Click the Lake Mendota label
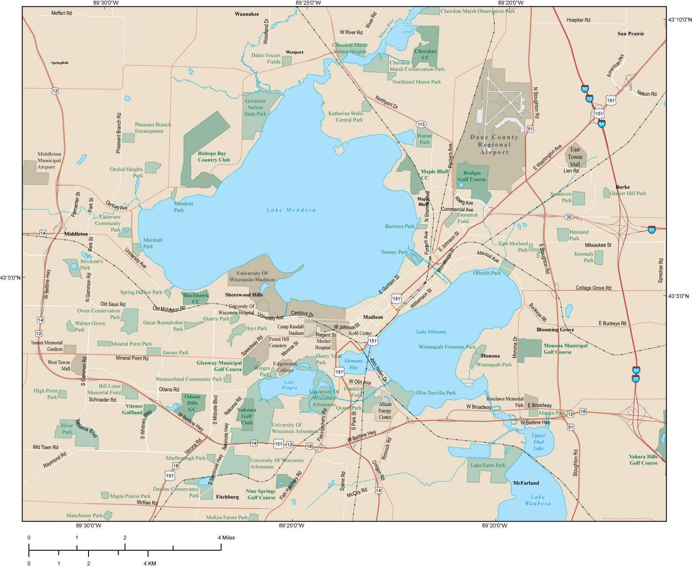[x=291, y=210]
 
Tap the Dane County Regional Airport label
[x=494, y=145]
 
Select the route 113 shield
[x=421, y=125]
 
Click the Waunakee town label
[x=247, y=14]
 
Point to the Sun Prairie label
[x=631, y=34]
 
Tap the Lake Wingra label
[x=289, y=385]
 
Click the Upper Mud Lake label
[x=538, y=442]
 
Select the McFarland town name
[x=526, y=483]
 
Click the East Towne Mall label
[x=575, y=157]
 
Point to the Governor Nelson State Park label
[x=255, y=107]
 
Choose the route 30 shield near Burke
[x=569, y=217]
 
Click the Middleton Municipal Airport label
[x=49, y=160]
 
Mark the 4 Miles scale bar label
[x=226, y=537]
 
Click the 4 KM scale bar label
[x=150, y=563]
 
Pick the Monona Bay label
[x=353, y=364]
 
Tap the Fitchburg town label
[x=227, y=497]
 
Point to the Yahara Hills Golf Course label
[x=643, y=460]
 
